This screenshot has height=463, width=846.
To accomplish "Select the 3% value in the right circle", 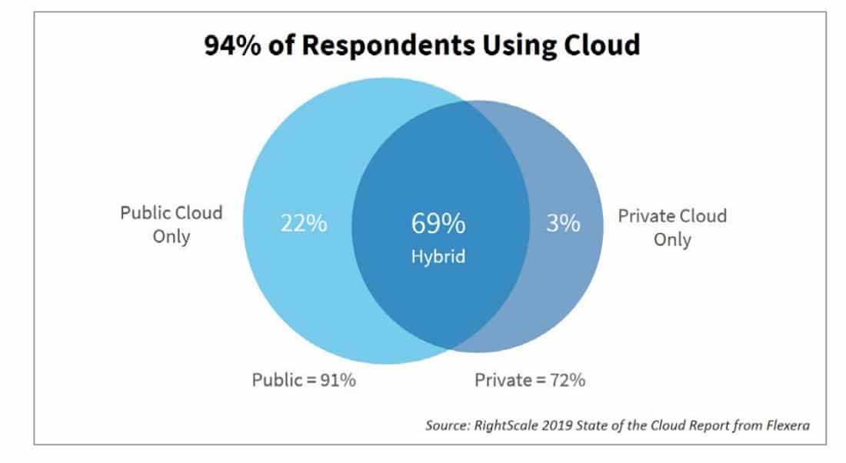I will point(564,224).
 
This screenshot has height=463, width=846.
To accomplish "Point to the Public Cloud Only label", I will point(171,224).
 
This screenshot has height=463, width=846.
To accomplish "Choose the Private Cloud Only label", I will point(672,227).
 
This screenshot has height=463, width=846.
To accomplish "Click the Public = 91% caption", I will point(304,380).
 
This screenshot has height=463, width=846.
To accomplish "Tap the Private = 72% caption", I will point(530,380).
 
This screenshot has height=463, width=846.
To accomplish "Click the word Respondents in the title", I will point(369,46).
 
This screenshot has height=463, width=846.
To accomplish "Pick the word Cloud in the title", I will point(600,46).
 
